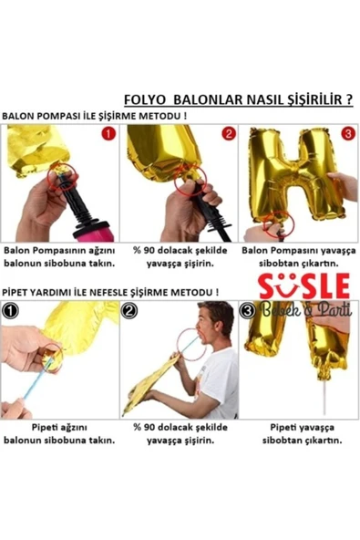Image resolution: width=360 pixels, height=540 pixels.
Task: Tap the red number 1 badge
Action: coord(108,133)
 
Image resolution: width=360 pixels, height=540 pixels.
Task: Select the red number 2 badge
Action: coord(228,133)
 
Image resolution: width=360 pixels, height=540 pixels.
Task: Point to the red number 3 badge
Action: coord(347,133)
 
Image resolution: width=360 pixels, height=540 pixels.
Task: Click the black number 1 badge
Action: coord(10,311)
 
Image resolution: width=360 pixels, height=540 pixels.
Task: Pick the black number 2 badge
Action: coord(129,311)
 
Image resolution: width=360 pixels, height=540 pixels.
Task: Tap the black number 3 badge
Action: coord(248,311)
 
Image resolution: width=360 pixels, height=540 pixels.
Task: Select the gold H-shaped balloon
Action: coord(296,176)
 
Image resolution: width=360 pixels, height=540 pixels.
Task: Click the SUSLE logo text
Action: coord(304,286)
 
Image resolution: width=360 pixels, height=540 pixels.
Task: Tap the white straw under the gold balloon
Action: coord(324,396)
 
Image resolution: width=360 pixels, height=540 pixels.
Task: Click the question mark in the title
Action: coord(348,99)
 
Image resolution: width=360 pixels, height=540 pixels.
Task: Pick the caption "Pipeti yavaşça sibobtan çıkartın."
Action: coord(303,434)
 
